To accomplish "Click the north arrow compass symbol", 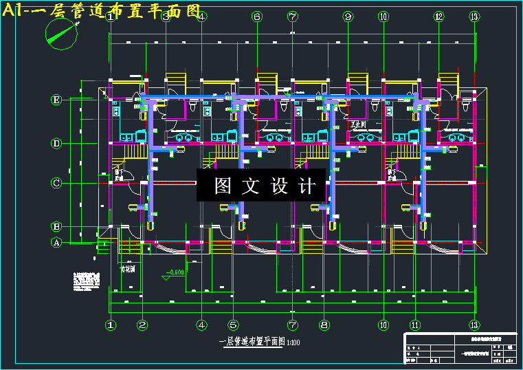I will pos(60,32).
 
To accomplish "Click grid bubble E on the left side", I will pos(57,100).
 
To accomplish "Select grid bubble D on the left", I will pos(57,143).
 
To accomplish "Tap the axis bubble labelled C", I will pos(57,183).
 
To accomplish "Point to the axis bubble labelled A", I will pos(57,242).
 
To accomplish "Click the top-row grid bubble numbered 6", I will pos(257,17).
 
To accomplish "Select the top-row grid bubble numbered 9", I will pos(348,17).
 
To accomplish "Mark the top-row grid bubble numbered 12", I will pos(438,17).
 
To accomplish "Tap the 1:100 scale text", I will pos(293,342).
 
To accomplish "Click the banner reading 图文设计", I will pos(261,186).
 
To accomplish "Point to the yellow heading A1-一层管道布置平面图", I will pos(103,11).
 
